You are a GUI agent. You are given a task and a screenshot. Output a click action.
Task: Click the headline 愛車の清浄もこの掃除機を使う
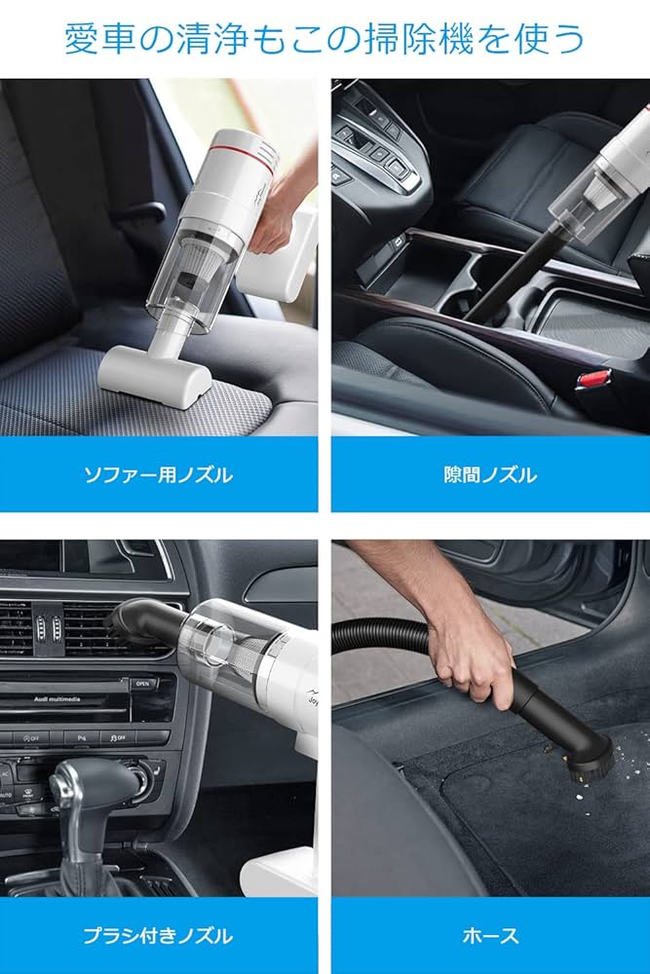pyautogui.click(x=325, y=39)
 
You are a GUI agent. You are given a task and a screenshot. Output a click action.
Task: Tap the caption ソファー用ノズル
pyautogui.click(x=158, y=475)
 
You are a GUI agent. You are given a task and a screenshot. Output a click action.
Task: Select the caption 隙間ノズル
pyautogui.click(x=490, y=475)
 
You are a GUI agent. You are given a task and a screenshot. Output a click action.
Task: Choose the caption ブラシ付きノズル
pyautogui.click(x=158, y=936)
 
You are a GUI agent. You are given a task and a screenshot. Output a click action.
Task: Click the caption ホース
pyautogui.click(x=490, y=936)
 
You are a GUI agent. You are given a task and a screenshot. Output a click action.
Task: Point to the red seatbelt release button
pyautogui.click(x=594, y=377)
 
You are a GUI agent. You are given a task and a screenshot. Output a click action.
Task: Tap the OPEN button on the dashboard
pyautogui.click(x=143, y=683)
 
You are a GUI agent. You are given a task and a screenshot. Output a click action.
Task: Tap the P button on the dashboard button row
pyautogui.click(x=83, y=737)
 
